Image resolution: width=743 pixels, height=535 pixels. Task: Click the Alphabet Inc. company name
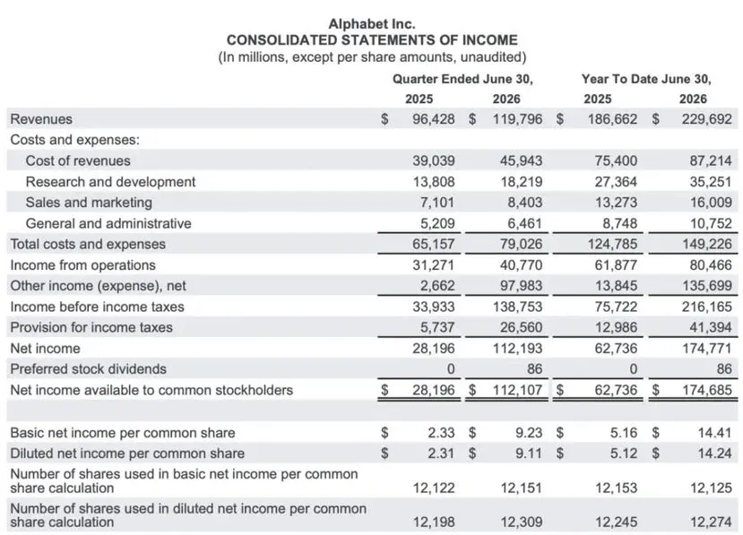[x=372, y=23]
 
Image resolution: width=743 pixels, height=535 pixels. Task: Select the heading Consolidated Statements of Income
[x=372, y=40]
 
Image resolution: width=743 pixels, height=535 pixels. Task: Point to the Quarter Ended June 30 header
[x=462, y=79]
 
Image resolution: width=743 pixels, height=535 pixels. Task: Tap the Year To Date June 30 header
[x=646, y=79]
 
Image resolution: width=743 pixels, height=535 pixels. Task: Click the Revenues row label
[x=41, y=119]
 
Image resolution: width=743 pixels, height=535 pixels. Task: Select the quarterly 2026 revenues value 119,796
[x=517, y=119]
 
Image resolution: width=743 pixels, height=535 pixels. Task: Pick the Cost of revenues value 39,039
[x=433, y=160]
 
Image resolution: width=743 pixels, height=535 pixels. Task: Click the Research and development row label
[x=110, y=182]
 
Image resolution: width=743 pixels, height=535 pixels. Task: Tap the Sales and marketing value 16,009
[x=711, y=203]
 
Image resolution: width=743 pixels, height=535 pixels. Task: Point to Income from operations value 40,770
[x=521, y=265]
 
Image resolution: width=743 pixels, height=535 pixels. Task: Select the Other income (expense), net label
[x=98, y=286]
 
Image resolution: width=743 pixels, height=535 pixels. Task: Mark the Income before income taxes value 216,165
[x=707, y=306]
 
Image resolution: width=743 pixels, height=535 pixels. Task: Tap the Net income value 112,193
[x=517, y=349]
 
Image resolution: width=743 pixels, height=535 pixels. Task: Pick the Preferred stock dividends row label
[x=88, y=369]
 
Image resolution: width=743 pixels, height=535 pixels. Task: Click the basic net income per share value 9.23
[x=529, y=433]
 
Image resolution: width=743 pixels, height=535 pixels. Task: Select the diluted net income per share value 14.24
[x=714, y=453]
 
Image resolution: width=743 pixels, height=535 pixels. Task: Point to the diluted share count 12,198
[x=434, y=522]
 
